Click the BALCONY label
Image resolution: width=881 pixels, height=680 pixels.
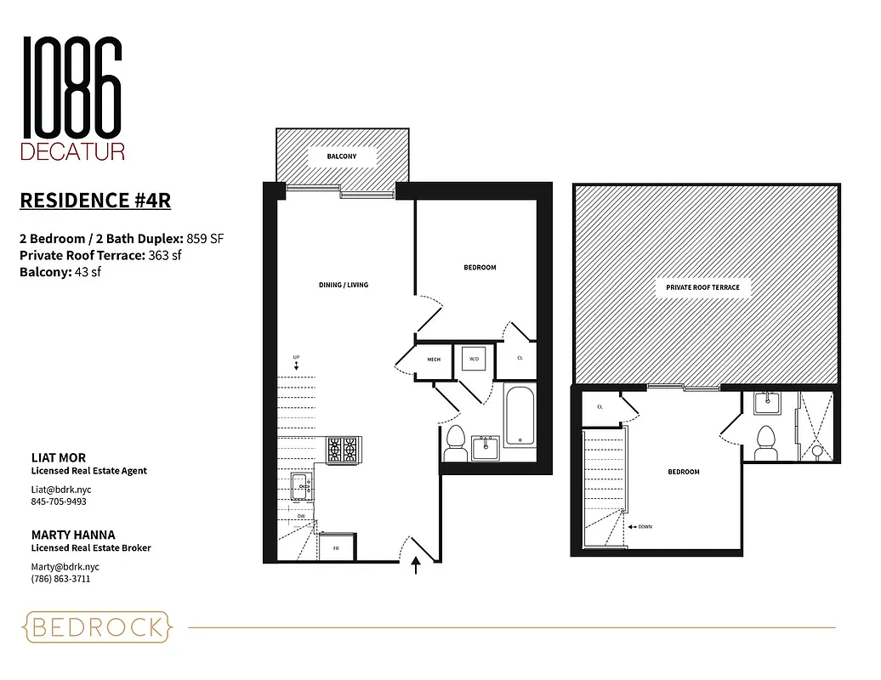pos(341,157)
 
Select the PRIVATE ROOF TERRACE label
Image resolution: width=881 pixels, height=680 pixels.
pos(702,287)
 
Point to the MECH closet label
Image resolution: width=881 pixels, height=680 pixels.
pos(433,360)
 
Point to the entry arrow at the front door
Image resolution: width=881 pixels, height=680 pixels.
pos(416,565)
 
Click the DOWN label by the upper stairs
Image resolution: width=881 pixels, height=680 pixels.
pos(643,527)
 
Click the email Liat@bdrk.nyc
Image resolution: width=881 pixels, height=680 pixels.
pos(62,490)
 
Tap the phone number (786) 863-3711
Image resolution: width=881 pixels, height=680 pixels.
pos(60,579)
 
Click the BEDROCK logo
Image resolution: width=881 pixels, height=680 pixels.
pos(97,628)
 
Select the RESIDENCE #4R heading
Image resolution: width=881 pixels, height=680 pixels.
pos(94,201)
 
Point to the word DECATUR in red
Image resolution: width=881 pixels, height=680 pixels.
pos(72,152)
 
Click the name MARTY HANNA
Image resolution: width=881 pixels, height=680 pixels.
pos(72,535)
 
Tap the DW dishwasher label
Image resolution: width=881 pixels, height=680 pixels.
pos(301,516)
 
